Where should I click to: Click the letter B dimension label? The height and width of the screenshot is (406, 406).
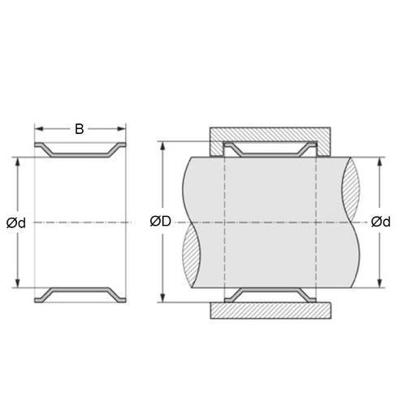80,128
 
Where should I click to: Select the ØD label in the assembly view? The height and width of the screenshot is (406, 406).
162,222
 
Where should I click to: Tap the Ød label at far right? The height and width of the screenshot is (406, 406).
380,222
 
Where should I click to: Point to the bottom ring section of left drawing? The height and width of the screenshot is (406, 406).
80,293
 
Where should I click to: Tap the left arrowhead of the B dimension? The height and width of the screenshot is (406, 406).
38,128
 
